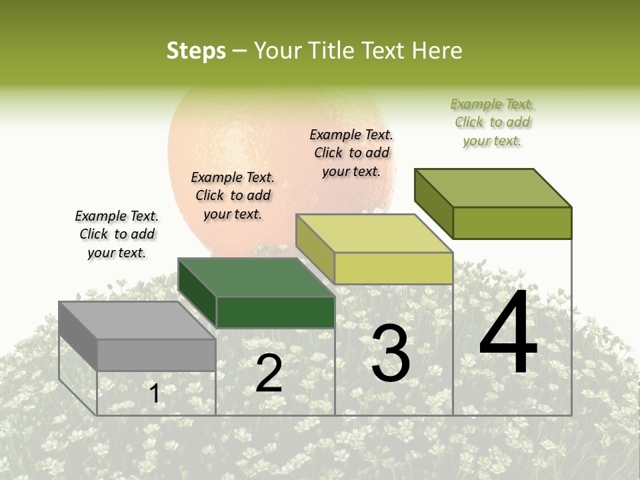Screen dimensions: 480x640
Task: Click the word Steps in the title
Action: click(196, 51)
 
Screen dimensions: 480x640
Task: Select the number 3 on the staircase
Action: click(391, 353)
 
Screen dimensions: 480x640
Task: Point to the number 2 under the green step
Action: click(269, 374)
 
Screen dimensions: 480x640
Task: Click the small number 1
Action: click(155, 393)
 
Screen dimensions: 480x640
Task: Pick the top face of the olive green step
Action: click(493, 188)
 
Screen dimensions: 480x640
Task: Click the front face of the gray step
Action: click(157, 355)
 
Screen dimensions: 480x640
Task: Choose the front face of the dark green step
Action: click(275, 312)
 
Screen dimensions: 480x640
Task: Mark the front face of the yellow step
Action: click(393, 268)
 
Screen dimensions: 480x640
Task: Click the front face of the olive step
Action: click(512, 223)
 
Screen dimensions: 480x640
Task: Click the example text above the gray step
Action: click(117, 235)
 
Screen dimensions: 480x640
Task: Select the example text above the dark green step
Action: click(233, 196)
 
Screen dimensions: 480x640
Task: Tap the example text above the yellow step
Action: click(351, 153)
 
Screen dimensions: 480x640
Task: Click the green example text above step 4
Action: click(492, 122)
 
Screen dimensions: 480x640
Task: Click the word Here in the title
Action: click(437, 51)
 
